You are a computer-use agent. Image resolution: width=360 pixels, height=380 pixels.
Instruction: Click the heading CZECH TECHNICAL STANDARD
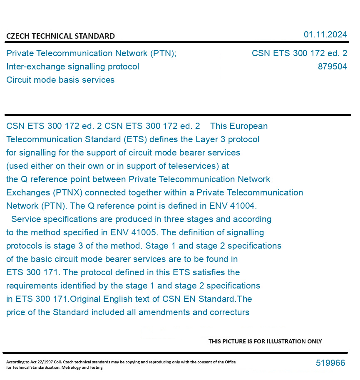pyautogui.click(x=60, y=36)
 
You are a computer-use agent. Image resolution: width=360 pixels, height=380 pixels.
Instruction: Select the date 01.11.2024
pyautogui.click(x=325, y=35)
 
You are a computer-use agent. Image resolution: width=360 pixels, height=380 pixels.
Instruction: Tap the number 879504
pyautogui.click(x=332, y=67)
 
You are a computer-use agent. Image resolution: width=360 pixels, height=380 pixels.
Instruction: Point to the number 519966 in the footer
pyautogui.click(x=330, y=363)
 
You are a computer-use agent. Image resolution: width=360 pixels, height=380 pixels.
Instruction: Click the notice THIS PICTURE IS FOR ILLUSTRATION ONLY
pyautogui.click(x=265, y=341)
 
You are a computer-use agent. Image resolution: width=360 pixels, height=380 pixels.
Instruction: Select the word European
pyautogui.click(x=248, y=126)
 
